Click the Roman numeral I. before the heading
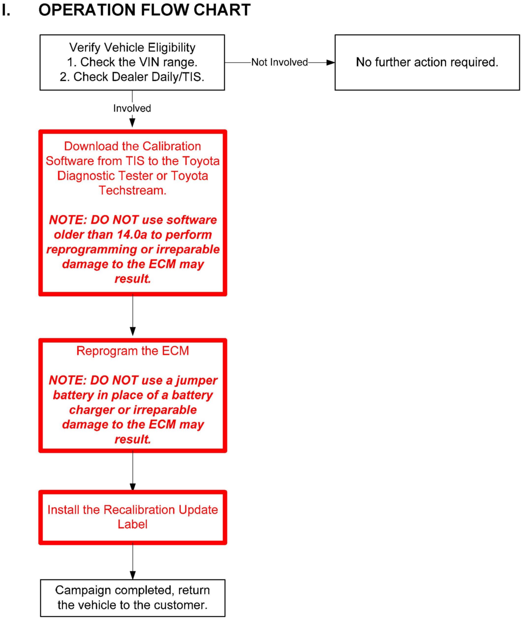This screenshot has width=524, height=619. tap(6, 10)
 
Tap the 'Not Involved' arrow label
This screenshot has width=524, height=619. tap(279, 62)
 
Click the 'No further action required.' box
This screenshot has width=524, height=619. tap(427, 62)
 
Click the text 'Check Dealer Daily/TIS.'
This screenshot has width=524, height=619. tap(139, 77)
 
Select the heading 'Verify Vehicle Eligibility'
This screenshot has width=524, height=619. tap(132, 47)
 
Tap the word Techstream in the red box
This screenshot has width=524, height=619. tap(133, 191)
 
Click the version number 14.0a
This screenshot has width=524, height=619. tap(132, 234)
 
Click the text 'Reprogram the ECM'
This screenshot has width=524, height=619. tap(133, 351)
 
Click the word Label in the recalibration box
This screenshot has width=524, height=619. tap(133, 524)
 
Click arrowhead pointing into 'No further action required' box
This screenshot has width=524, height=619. tap(330, 63)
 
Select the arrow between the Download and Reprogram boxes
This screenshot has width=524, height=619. tap(133, 316)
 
